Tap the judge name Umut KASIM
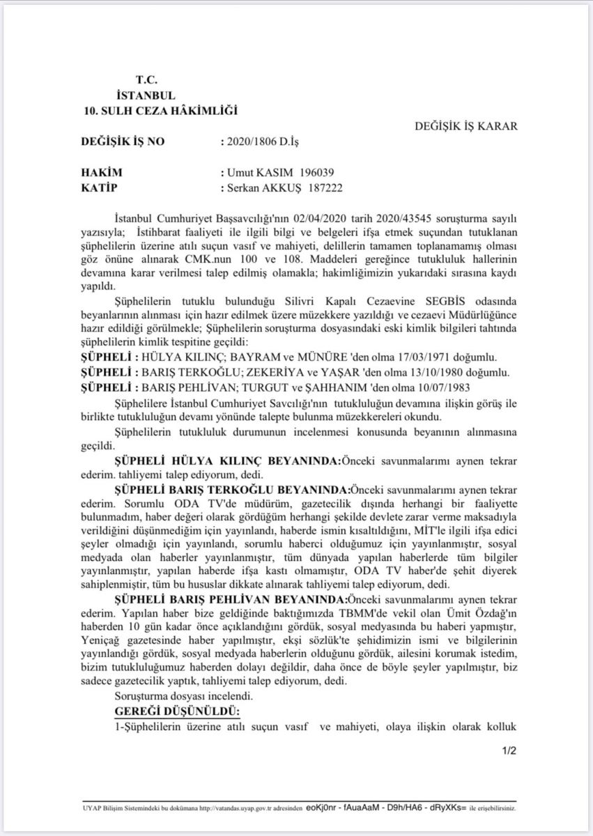tap(255, 173)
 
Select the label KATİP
tap(99, 188)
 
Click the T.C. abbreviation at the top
tap(146, 81)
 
